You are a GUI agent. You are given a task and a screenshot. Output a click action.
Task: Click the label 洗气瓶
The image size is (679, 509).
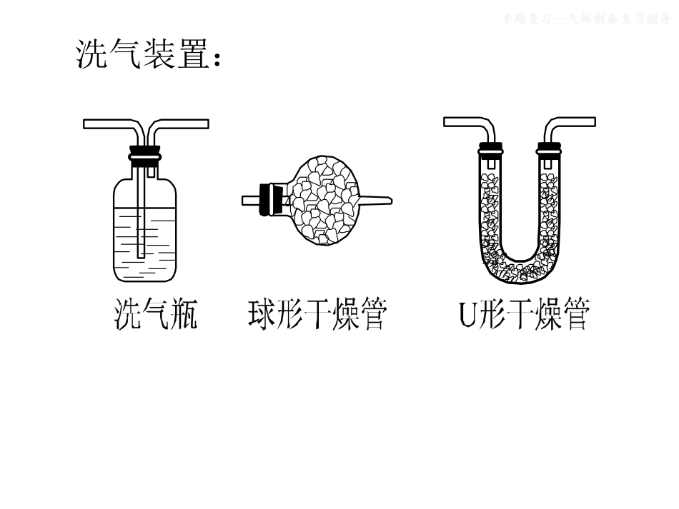coord(156,315)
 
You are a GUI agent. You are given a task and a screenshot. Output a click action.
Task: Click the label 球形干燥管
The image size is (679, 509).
coord(318,315)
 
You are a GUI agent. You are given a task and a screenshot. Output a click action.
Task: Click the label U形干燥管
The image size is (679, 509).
coord(525,315)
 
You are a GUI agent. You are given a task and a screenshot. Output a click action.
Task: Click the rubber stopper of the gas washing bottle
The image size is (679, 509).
coord(145,155)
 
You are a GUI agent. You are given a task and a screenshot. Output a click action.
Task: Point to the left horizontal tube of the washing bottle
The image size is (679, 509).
coord(107,124)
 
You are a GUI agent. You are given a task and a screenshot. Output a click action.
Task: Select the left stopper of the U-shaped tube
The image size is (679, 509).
coord(490,149)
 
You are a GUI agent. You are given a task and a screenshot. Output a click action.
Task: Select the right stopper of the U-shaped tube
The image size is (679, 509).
coord(549,149)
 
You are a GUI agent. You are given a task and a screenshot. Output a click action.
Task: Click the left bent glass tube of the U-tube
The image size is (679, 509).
coord(468,122)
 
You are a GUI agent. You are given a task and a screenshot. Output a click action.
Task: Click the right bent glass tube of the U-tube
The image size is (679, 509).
coord(572,122)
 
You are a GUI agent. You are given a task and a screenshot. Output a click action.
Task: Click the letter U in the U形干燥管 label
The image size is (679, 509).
coord(467,315)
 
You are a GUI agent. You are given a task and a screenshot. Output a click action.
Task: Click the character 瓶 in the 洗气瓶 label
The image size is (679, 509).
coord(184,315)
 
